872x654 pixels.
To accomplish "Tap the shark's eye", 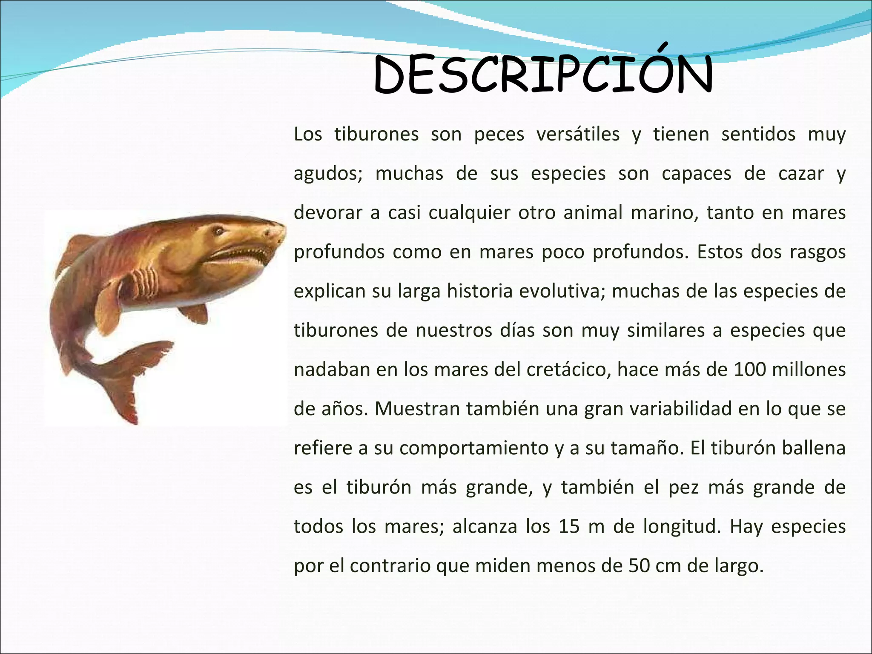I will coord(219,231).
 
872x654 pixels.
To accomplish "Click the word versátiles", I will coord(578,135).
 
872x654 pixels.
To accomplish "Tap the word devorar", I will coord(328,213).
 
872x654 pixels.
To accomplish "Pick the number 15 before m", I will coord(569,527).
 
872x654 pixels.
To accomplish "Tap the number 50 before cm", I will coord(640,566).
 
